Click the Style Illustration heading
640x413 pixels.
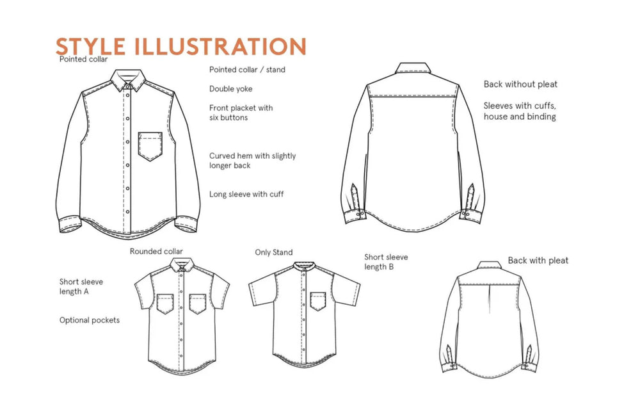[x=181, y=46]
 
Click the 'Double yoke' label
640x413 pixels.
[x=230, y=89]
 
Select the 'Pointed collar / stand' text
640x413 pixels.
[x=247, y=69]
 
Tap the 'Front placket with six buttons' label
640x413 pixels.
[x=241, y=113]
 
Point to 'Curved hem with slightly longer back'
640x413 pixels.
[x=252, y=161]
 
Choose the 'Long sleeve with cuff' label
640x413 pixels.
[x=246, y=194]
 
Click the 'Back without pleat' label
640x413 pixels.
[x=520, y=84]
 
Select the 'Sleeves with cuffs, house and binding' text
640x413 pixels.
[x=520, y=111]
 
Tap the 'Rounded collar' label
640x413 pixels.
[x=156, y=251]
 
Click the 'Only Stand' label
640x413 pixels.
[x=273, y=252]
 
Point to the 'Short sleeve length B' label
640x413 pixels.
[x=386, y=262]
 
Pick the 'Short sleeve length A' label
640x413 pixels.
[x=81, y=286]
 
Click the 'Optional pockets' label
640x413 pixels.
[x=90, y=320]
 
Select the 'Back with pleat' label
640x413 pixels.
[x=538, y=261]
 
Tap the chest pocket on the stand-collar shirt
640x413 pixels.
[x=318, y=302]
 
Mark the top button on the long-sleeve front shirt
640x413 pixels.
[x=128, y=86]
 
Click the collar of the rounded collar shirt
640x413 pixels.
[x=180, y=265]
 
